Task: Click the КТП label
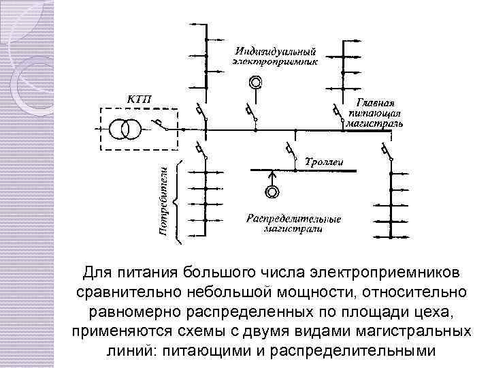(140, 100)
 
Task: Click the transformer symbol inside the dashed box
(125, 129)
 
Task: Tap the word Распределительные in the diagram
(293, 219)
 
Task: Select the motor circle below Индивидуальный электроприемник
(255, 83)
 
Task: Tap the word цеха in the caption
(426, 311)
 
